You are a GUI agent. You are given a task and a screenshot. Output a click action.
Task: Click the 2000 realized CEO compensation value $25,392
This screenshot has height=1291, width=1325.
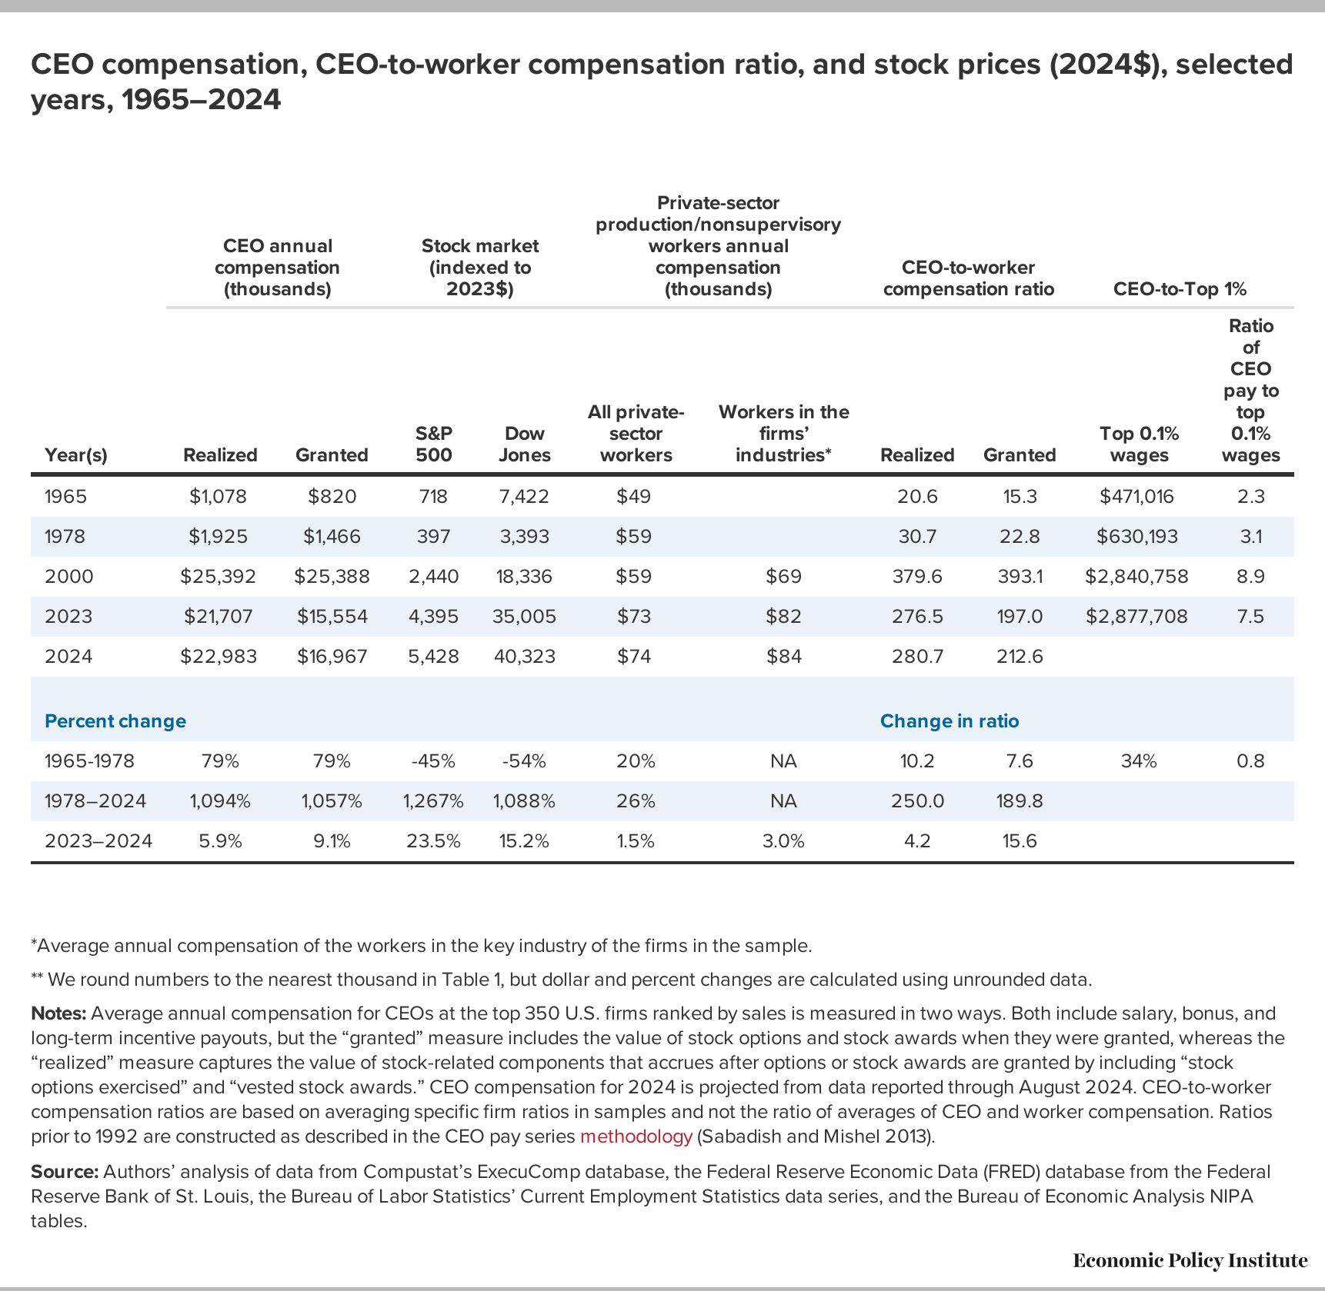218,576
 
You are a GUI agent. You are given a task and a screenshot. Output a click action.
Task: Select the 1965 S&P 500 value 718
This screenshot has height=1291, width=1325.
433,496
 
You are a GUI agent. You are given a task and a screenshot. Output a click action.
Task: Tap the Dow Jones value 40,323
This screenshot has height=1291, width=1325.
524,656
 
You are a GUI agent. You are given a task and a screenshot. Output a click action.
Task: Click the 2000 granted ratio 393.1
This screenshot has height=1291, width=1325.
1020,576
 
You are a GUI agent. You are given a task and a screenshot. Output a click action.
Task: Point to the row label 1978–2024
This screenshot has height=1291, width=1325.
95,800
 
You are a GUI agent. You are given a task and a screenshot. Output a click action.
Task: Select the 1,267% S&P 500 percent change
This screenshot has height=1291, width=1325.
433,800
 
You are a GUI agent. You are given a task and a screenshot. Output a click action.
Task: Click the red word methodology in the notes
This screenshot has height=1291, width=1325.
636,1136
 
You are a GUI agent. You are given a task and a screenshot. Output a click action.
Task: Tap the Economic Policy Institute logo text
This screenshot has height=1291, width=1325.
1190,1260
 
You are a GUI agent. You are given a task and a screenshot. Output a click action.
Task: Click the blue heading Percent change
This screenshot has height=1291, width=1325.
115,720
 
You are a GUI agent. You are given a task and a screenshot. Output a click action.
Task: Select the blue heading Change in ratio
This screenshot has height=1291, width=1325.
949,720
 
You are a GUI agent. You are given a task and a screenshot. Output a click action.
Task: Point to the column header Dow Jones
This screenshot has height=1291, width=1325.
524,444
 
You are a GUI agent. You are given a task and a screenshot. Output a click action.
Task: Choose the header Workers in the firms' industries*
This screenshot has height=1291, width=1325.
783,433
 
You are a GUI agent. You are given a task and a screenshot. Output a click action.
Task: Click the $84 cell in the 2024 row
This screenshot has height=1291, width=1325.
783,656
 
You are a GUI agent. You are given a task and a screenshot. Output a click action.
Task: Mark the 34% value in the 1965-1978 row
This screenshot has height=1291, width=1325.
1138,760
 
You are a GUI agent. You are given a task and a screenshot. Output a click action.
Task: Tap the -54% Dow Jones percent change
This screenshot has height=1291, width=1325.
524,760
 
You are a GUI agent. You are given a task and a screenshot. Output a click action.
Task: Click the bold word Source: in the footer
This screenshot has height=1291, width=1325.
65,1171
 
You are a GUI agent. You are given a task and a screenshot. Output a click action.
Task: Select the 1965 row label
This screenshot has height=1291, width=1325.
66,496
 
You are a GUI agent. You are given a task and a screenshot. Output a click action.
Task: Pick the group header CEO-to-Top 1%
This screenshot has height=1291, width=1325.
1180,289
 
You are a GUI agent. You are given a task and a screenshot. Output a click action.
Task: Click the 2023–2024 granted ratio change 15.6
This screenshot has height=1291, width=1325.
1020,840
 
